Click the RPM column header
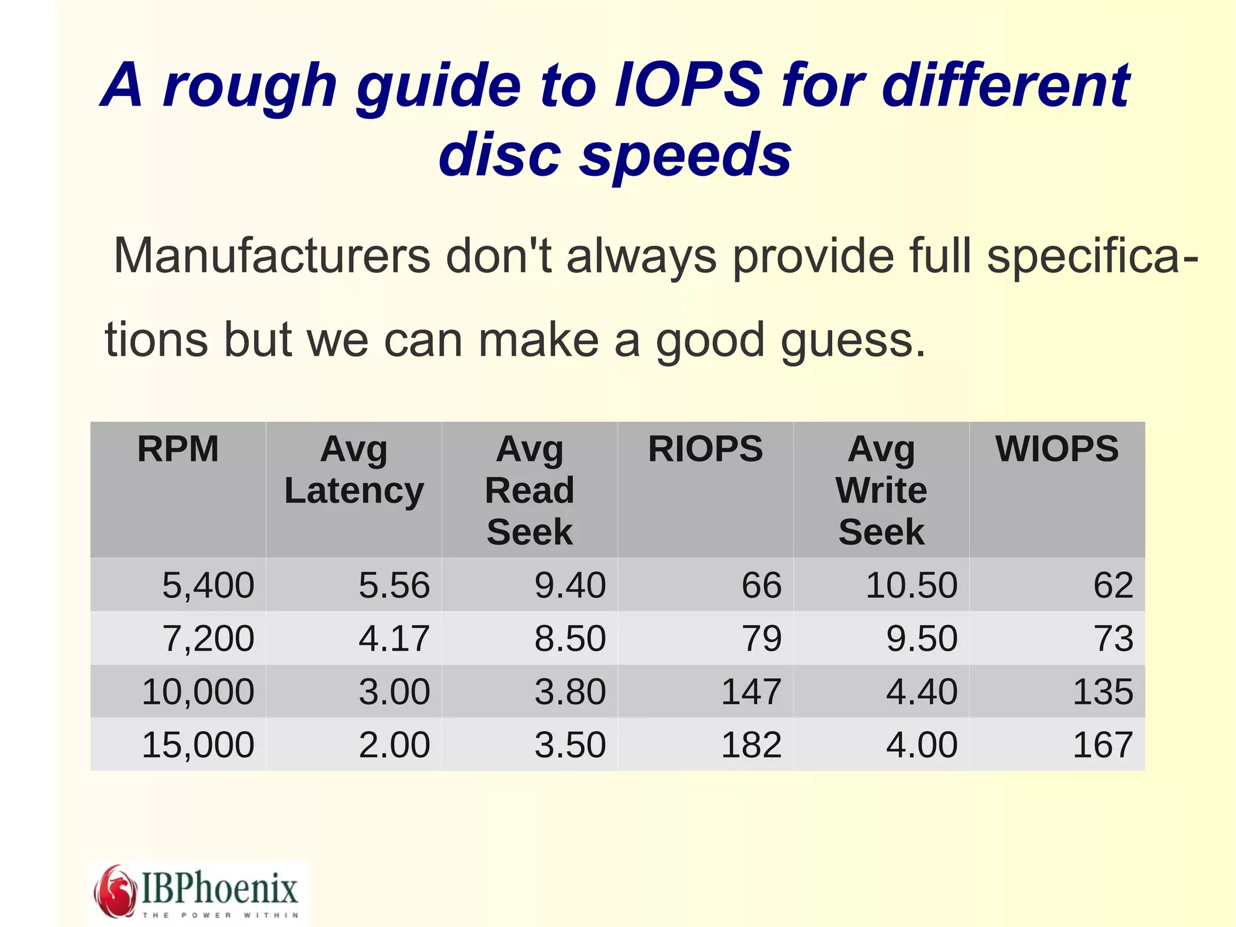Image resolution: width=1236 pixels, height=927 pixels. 178,449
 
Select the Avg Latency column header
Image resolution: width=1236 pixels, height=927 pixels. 354,470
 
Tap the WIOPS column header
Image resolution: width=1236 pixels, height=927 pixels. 1057,449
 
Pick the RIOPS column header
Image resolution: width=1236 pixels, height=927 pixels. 705,449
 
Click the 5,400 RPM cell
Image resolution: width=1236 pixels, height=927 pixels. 208,585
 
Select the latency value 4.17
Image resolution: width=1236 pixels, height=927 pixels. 394,638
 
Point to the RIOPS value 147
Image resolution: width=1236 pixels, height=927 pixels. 751,691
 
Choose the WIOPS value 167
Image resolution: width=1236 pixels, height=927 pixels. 1102,745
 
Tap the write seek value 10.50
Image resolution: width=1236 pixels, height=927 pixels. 911,585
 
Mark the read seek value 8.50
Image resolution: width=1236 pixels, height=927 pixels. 570,638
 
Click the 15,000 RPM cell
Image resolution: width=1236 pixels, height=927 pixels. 198,745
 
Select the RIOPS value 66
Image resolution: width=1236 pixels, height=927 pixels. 761,585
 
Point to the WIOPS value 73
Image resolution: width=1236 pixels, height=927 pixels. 1113,638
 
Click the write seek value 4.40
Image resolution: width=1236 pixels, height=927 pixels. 922,691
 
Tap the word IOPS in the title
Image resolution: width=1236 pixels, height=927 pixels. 688,86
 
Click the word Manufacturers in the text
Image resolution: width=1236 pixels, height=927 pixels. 272,256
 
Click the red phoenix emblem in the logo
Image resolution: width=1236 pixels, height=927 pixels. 115,891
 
